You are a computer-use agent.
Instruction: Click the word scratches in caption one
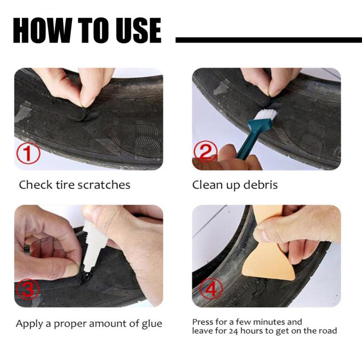[104, 185]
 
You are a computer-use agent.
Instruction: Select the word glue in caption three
[151, 324]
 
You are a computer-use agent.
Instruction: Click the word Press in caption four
[203, 322]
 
